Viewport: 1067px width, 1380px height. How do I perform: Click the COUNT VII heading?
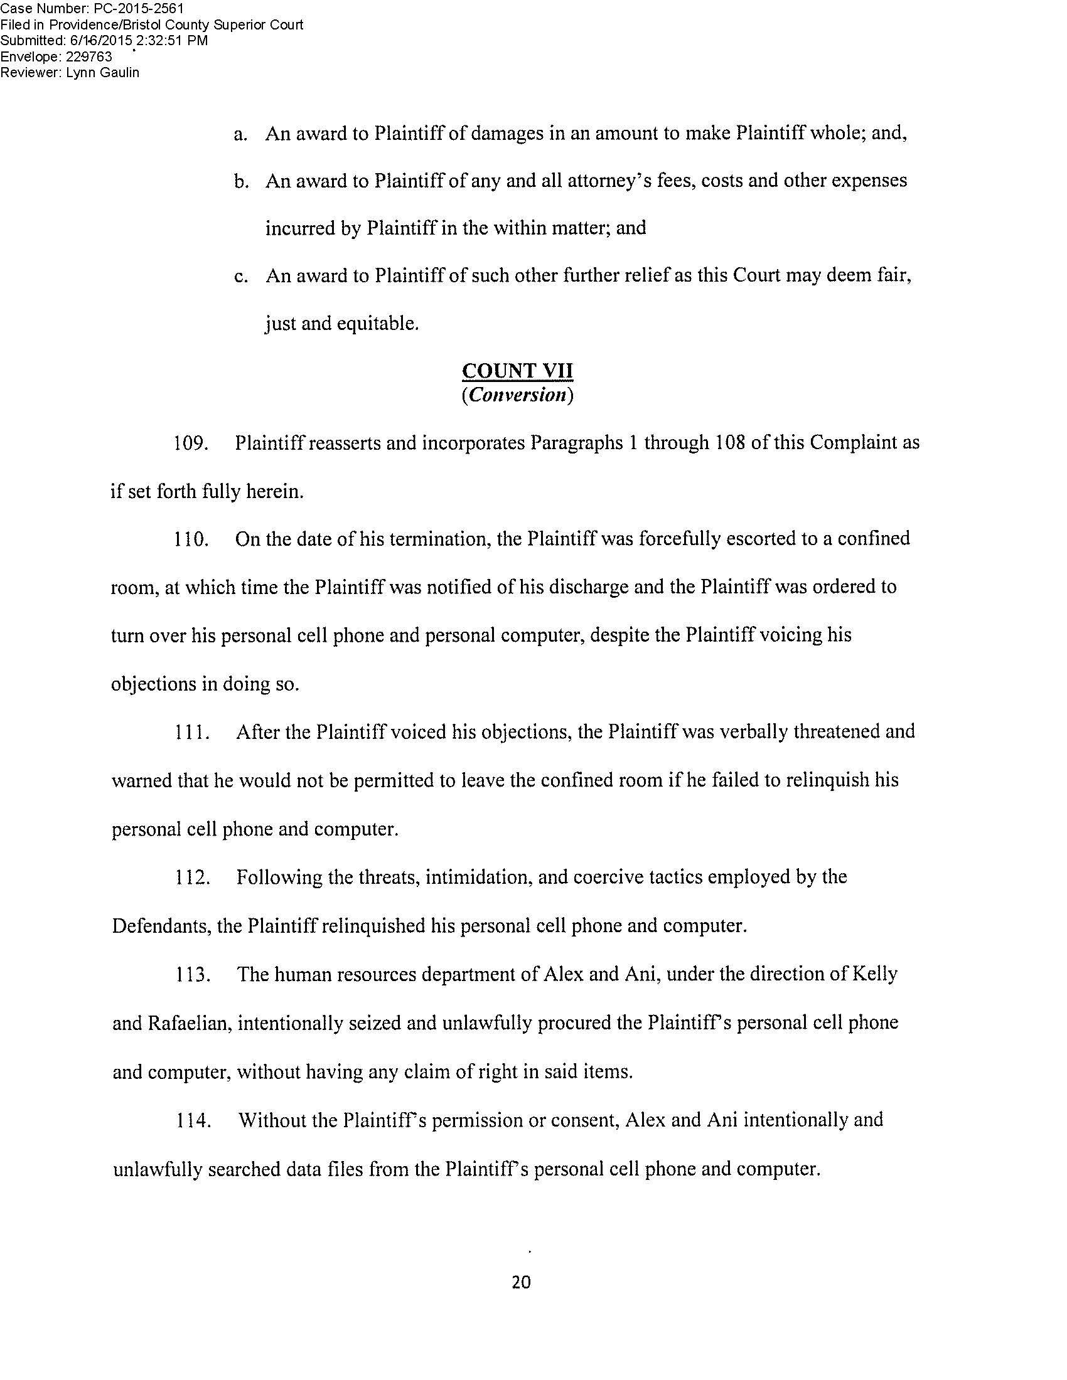tap(517, 370)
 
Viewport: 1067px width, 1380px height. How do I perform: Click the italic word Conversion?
tap(517, 396)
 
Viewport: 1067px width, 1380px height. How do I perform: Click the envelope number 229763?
tap(84, 56)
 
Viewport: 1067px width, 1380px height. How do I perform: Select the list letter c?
tap(239, 277)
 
